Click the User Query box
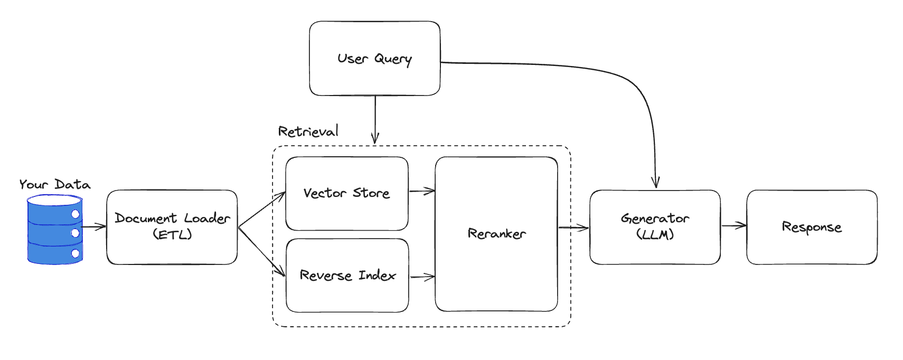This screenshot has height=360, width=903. tap(374, 58)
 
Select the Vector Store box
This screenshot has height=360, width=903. tap(346, 193)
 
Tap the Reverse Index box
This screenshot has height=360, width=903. tap(347, 275)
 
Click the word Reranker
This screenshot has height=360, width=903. tap(496, 233)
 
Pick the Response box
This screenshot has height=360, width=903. tap(811, 227)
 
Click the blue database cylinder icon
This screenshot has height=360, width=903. tap(55, 230)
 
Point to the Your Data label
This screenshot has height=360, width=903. tap(55, 184)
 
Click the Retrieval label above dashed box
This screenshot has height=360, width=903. tap(308, 131)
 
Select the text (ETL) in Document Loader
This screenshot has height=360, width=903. tap(172, 234)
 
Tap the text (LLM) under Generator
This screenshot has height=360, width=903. tap(655, 234)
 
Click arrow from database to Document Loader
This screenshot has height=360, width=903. tap(94, 227)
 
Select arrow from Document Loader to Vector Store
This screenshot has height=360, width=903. tap(261, 210)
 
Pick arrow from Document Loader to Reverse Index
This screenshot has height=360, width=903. tap(261, 252)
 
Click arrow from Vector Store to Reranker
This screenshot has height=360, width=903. tap(421, 191)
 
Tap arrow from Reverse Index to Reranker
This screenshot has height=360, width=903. tap(422, 277)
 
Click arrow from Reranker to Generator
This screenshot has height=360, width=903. tap(573, 228)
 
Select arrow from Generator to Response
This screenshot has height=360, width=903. tap(733, 226)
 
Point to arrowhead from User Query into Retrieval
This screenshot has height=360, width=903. tap(375, 138)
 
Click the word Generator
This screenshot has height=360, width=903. tap(655, 219)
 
